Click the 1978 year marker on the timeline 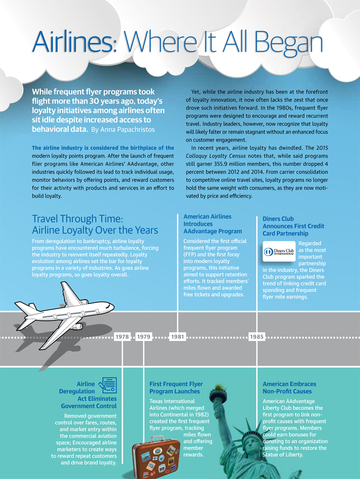click(x=122, y=337)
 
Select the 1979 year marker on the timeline click(x=144, y=337)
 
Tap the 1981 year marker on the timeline click(x=177, y=337)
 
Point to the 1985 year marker click(x=257, y=337)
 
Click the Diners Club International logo click(x=279, y=251)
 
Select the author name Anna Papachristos click(x=123, y=130)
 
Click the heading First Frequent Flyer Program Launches click(x=176, y=387)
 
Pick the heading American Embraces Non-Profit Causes click(x=289, y=387)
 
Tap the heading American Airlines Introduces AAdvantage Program click(x=213, y=224)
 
